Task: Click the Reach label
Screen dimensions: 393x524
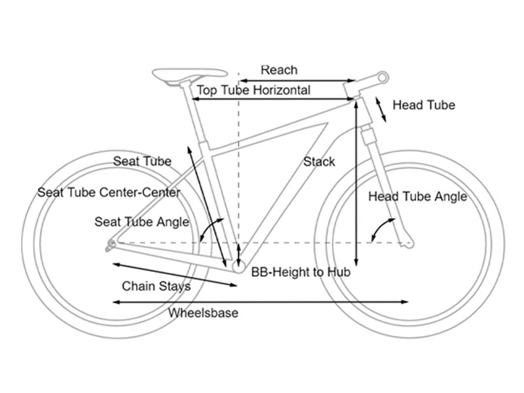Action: coord(279,70)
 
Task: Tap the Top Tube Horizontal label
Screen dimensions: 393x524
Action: coord(253,90)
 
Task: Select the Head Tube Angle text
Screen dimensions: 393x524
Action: coord(417,196)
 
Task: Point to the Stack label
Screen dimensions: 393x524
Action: coord(319,162)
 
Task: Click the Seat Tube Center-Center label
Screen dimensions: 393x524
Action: coord(109,193)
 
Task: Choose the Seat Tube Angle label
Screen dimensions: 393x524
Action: coord(141,222)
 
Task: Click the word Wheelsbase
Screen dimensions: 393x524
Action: coord(203,313)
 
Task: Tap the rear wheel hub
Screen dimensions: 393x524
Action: coord(111,245)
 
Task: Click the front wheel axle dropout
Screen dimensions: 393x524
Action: coord(409,244)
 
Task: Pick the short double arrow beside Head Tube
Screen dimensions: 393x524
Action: coord(381,109)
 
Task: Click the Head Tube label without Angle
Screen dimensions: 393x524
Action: coord(423,105)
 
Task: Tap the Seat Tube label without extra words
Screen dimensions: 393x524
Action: coord(142,161)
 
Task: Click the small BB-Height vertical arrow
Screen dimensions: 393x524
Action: coord(238,252)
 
